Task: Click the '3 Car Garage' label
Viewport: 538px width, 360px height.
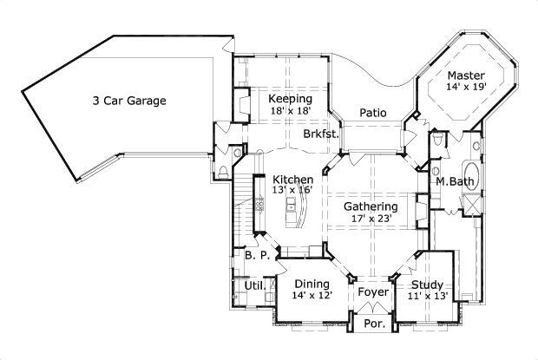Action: (129, 101)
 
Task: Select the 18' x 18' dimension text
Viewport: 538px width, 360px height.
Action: (289, 111)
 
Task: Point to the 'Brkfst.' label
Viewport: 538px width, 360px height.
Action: (320, 135)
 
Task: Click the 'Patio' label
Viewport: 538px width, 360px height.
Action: (373, 113)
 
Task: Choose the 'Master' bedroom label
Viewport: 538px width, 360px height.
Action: (466, 75)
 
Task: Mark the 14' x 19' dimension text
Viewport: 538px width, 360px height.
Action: (466, 87)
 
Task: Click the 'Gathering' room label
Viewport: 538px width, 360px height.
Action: (371, 206)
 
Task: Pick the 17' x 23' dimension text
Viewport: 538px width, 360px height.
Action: (371, 219)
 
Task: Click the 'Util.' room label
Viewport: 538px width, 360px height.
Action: (253, 285)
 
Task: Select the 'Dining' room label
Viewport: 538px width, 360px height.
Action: (312, 284)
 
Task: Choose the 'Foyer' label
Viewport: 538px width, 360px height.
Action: (373, 292)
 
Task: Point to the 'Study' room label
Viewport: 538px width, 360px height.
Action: (427, 285)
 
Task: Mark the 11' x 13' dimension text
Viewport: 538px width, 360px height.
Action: (427, 296)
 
